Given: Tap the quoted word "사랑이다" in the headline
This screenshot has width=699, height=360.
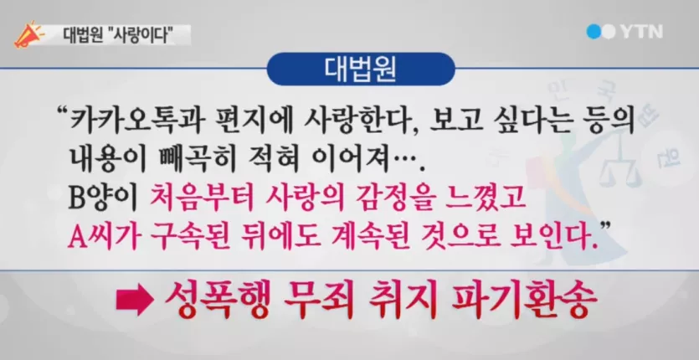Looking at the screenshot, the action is pos(144,35).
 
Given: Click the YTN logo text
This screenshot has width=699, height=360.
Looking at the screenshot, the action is pos(641,32).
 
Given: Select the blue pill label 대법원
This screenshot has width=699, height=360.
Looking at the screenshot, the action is pos(360,69).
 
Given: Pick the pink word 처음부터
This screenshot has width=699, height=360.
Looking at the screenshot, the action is pos(201,198).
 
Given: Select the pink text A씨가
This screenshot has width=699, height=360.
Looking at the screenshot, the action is pos(99,234).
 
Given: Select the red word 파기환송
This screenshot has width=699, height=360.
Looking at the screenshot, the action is pos(524,301).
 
